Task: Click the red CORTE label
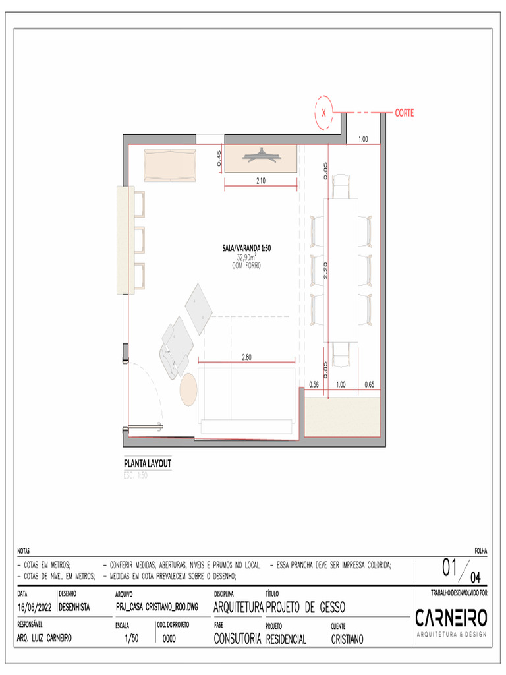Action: (x=405, y=113)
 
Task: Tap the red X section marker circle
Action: (x=324, y=113)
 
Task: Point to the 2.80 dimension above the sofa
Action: (x=246, y=357)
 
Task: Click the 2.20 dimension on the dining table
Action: (x=325, y=268)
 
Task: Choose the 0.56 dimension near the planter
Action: (x=314, y=384)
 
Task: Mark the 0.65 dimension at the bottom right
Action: (x=369, y=384)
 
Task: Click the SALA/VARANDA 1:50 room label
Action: (x=246, y=249)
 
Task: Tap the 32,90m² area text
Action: (x=246, y=258)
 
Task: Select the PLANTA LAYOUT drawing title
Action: (x=148, y=463)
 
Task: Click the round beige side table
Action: (x=188, y=389)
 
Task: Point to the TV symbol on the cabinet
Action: (x=261, y=157)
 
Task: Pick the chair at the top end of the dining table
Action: (x=341, y=187)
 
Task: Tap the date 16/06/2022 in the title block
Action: (x=34, y=607)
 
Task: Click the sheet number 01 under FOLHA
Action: (x=451, y=568)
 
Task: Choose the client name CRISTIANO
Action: (x=347, y=639)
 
